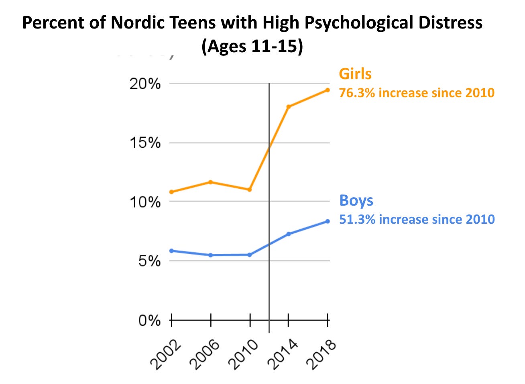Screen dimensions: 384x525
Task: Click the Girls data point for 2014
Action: tap(288, 106)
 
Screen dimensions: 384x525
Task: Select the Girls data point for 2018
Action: tap(328, 90)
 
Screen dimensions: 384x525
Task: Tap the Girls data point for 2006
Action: tap(210, 182)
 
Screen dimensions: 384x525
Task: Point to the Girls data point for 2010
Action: tap(249, 190)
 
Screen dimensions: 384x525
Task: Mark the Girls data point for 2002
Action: tap(171, 192)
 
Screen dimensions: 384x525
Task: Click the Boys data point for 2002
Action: tap(171, 251)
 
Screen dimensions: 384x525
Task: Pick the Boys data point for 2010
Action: tap(249, 255)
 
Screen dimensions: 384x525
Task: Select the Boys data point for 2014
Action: tap(288, 234)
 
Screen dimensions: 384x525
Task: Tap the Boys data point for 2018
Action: tap(328, 221)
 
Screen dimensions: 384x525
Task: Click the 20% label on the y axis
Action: tap(144, 84)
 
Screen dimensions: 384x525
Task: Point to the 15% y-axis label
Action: tap(144, 143)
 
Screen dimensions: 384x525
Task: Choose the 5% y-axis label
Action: tap(149, 261)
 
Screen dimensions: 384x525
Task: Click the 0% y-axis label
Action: tap(149, 321)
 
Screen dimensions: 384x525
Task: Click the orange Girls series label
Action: tap(355, 74)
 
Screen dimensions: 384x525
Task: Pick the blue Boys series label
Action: tap(356, 200)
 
